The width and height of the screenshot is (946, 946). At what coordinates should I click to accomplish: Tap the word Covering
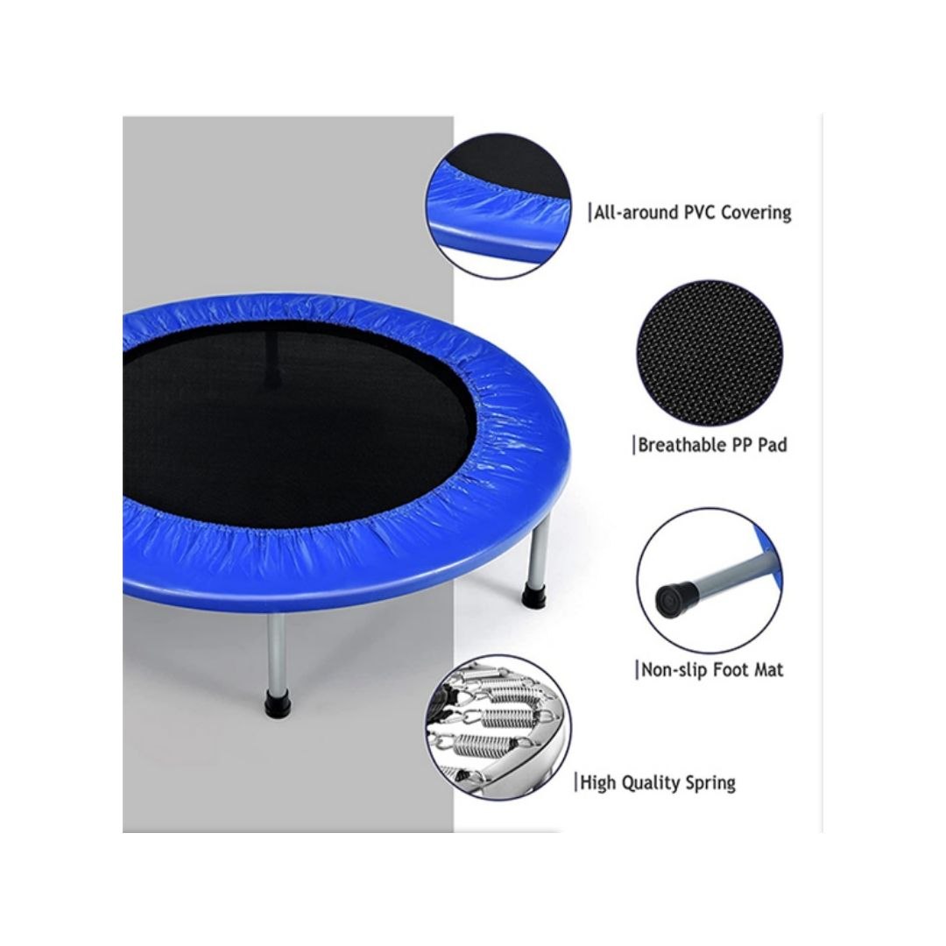(756, 212)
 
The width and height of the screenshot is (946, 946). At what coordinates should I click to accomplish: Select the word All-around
(637, 212)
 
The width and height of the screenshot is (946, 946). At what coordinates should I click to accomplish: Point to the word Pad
(773, 445)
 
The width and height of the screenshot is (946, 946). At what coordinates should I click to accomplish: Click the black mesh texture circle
(709, 353)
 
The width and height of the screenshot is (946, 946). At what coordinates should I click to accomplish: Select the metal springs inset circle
(498, 727)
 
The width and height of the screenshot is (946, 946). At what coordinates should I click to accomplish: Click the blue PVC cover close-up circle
(498, 207)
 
